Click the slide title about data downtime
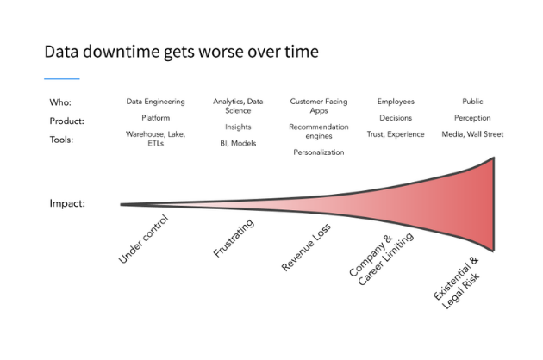pos(181,52)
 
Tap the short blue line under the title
pos(61,79)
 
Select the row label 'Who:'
pos(59,102)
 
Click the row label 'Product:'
pos(66,121)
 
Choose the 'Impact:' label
pos(67,205)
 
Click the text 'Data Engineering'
pos(156,102)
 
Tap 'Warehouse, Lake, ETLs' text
pos(156,140)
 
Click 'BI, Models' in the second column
pos(237,143)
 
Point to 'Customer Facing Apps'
pos(318,106)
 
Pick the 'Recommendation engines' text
pos(318,131)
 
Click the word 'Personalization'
pos(318,152)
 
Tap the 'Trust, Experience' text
pos(396,134)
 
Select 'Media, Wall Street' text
pos(472,134)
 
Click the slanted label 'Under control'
pos(144,239)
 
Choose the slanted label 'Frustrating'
pos(234,239)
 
